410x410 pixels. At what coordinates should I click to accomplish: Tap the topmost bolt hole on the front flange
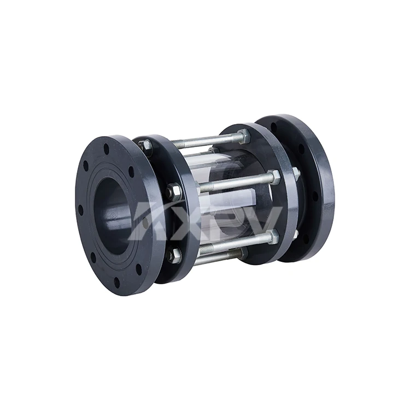click(107, 147)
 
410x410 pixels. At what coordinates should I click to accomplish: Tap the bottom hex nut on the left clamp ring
click(174, 254)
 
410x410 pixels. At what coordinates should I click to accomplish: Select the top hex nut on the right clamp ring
click(244, 136)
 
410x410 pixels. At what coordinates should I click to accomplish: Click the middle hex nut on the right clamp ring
click(274, 177)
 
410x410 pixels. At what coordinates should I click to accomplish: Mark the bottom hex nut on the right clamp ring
click(272, 237)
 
